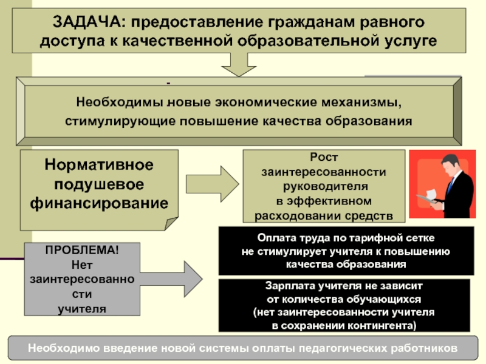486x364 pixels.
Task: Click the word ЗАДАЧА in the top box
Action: [x=89, y=22]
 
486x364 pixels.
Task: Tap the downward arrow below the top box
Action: [x=239, y=64]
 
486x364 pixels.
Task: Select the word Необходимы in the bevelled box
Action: [x=120, y=102]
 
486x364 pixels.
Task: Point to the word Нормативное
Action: [x=99, y=164]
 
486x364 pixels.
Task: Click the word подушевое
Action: [x=99, y=184]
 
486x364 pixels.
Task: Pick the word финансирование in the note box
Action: [x=99, y=203]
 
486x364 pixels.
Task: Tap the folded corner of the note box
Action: [x=171, y=223]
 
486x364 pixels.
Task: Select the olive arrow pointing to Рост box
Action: [x=212, y=184]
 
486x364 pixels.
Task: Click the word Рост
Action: [x=324, y=157]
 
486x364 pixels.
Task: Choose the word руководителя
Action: [x=326, y=186]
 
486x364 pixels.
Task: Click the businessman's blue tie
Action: [x=451, y=185]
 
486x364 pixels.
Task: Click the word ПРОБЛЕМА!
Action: [x=82, y=250]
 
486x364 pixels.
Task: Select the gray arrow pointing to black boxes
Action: [x=171, y=279]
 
